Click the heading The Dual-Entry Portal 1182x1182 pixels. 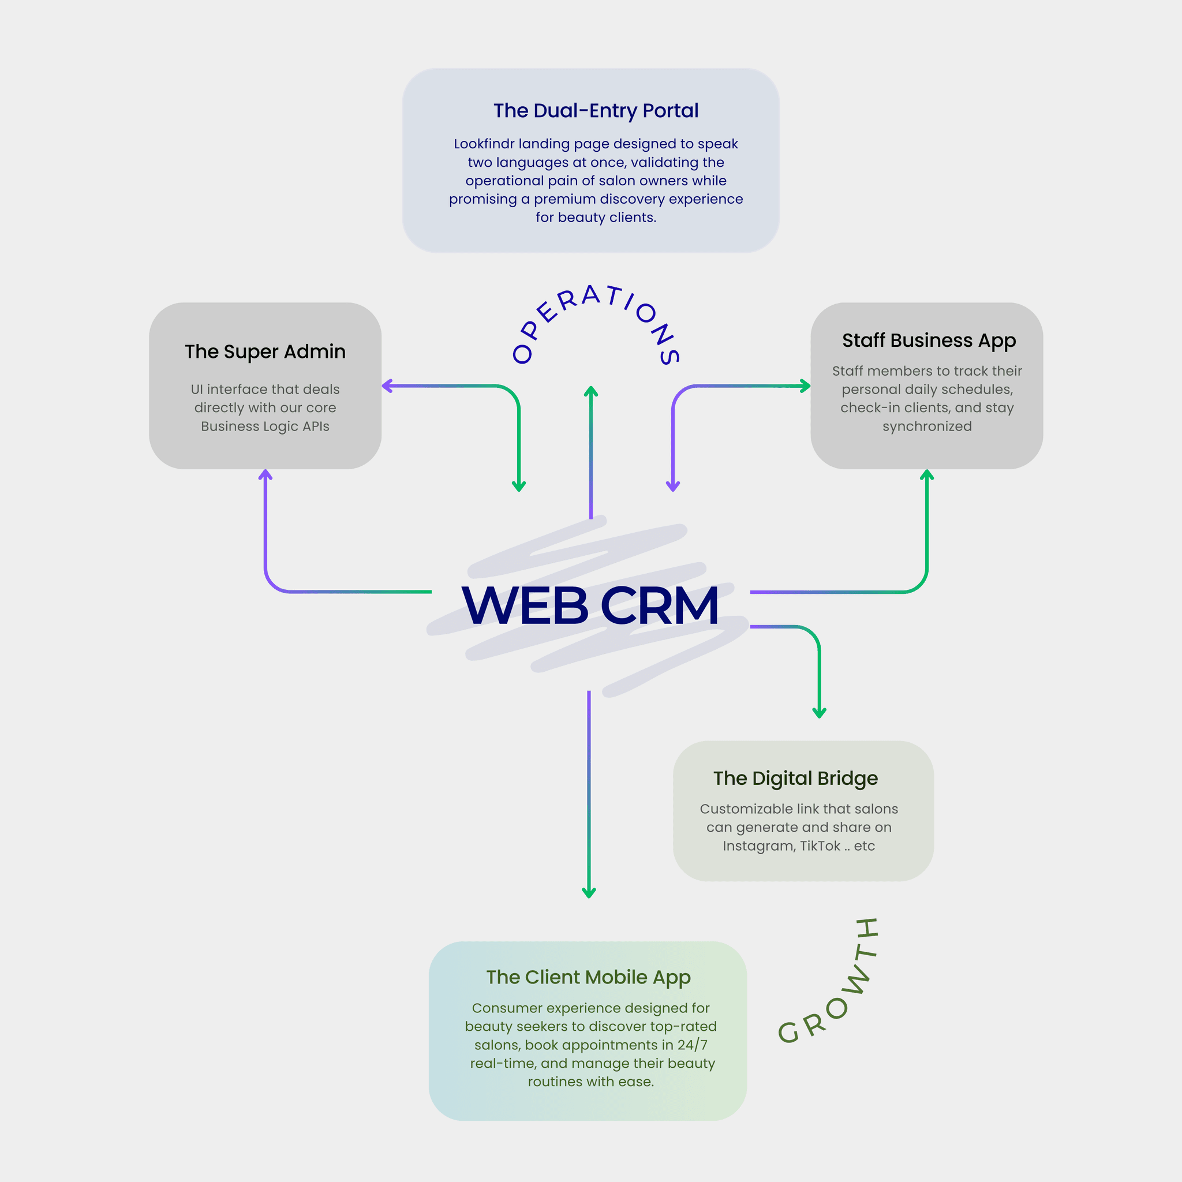(595, 111)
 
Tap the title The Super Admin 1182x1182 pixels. (265, 352)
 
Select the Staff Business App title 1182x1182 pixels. (929, 340)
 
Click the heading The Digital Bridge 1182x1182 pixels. (795, 778)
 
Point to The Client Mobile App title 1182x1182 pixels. (588, 977)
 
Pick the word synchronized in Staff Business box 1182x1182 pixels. (927, 427)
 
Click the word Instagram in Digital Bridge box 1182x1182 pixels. (758, 846)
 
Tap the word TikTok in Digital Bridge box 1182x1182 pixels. (820, 846)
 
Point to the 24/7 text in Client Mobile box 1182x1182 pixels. (692, 1045)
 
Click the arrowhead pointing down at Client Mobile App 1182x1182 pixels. (589, 894)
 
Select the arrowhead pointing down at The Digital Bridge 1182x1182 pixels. (819, 713)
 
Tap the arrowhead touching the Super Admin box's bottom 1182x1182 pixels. (265, 474)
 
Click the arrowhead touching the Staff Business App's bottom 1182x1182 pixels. (927, 474)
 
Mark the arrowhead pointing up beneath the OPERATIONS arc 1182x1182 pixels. (590, 390)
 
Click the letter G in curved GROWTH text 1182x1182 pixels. (788, 1033)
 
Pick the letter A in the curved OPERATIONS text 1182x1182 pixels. (590, 295)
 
